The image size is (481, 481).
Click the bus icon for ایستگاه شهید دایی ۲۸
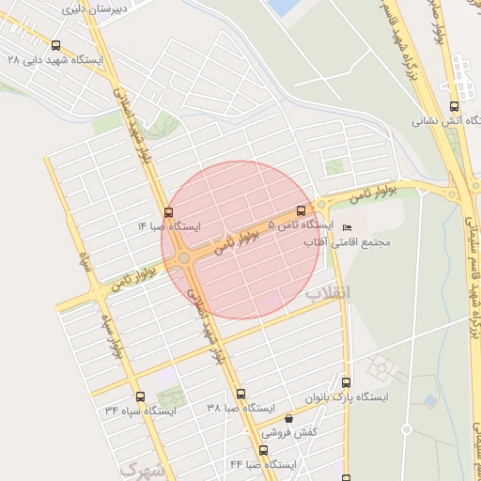click(x=55, y=45)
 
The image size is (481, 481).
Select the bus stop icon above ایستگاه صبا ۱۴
click(x=168, y=212)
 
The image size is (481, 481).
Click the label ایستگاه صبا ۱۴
click(x=169, y=226)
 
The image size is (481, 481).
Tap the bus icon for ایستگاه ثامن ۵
click(x=301, y=210)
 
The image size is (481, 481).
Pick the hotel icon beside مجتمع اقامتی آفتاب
click(x=348, y=228)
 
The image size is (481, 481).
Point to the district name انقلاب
click(x=327, y=292)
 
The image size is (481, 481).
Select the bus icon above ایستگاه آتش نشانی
click(x=454, y=107)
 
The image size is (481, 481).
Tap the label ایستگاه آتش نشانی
click(x=447, y=121)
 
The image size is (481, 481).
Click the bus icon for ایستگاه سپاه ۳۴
click(x=140, y=396)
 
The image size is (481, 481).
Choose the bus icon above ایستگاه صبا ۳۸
click(x=240, y=395)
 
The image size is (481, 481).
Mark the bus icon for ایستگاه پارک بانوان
click(x=347, y=382)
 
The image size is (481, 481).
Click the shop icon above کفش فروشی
click(x=288, y=419)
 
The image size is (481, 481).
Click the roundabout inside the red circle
click(x=185, y=258)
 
